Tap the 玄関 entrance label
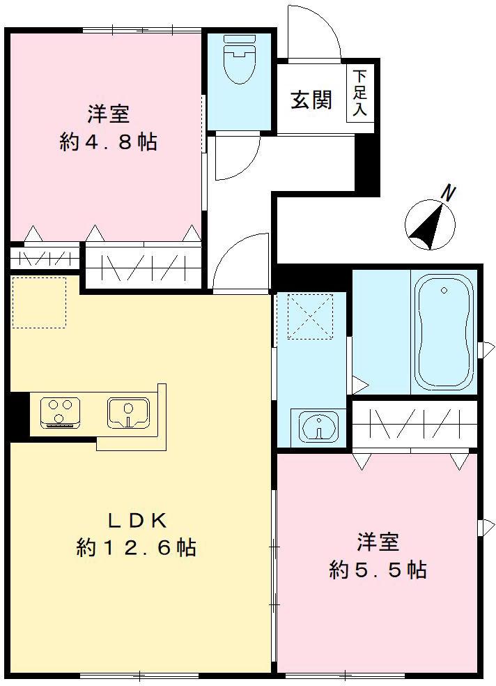coord(311,100)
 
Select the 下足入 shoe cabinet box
coord(359,93)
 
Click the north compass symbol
coord(430,225)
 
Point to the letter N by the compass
coord(449,192)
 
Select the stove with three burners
coord(59,411)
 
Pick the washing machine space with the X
coord(310,316)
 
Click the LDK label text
coord(137,520)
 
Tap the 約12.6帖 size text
coord(136,548)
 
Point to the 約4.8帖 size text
coord(108,142)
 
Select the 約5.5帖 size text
coord(378,570)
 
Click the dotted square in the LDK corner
coord(39,303)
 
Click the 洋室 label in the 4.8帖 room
coord(109,114)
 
